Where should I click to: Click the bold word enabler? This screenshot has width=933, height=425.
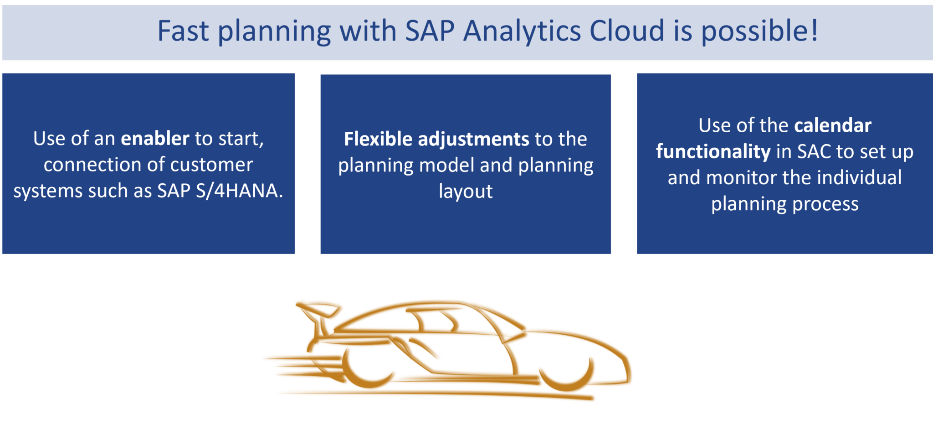tap(155, 138)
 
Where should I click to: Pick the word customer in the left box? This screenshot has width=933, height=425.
tap(210, 165)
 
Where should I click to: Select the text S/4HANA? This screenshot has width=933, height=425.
tap(239, 191)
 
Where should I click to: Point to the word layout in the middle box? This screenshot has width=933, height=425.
tap(466, 192)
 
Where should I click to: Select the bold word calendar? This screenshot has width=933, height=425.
tap(832, 125)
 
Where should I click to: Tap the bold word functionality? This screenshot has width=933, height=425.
tap(713, 152)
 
